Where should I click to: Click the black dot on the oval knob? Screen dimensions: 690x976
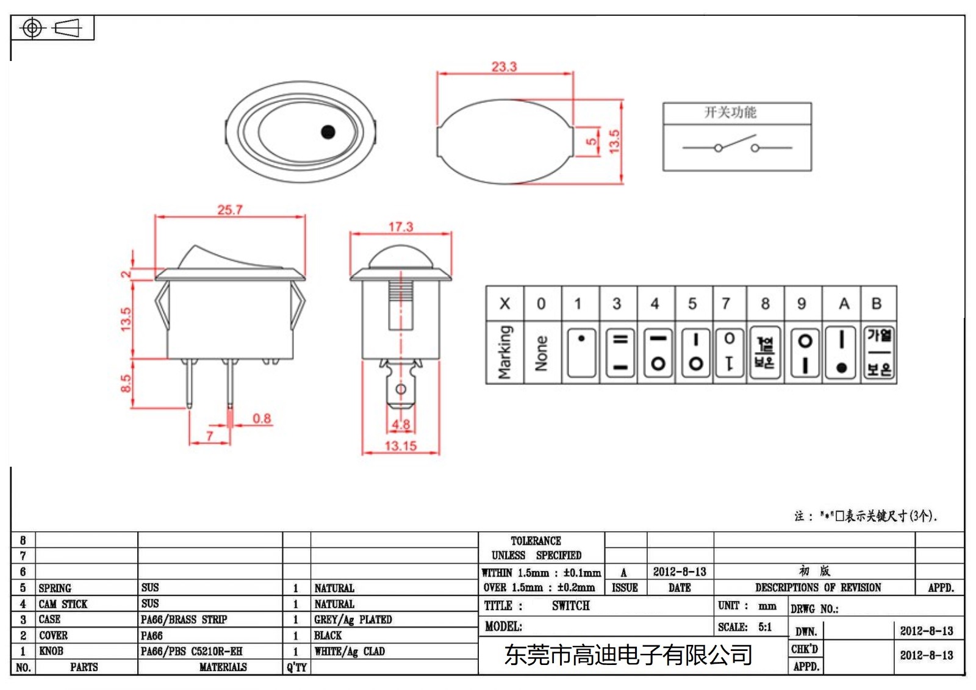click(x=328, y=132)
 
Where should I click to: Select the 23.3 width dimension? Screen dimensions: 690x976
click(x=504, y=66)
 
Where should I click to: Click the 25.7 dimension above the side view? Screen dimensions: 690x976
click(x=230, y=210)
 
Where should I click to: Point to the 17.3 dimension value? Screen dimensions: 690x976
click(x=401, y=227)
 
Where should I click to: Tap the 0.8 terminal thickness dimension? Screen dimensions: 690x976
click(x=262, y=419)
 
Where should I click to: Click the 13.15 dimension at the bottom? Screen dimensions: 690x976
click(x=400, y=446)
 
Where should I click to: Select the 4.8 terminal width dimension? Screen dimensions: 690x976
click(x=401, y=425)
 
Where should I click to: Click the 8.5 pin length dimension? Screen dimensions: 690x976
click(x=125, y=383)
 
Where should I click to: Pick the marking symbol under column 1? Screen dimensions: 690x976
click(x=581, y=353)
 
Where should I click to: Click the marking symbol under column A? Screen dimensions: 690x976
click(x=842, y=353)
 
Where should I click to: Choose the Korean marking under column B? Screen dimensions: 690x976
click(x=879, y=353)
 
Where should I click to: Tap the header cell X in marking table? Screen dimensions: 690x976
click(x=504, y=303)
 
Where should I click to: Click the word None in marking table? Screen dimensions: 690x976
click(x=541, y=353)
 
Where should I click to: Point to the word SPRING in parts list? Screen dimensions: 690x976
click(x=55, y=588)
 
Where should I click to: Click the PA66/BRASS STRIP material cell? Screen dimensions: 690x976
click(x=184, y=620)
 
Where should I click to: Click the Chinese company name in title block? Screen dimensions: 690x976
click(x=628, y=655)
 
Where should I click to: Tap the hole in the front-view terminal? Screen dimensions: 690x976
click(x=401, y=389)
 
